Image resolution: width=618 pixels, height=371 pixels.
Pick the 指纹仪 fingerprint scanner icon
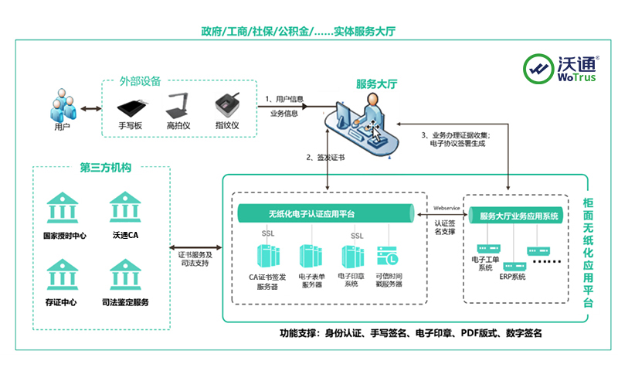[x=226, y=105]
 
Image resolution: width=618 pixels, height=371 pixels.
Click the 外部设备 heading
[x=140, y=80]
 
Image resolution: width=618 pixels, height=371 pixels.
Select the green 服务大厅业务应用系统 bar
[x=518, y=216]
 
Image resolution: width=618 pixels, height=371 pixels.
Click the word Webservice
[x=448, y=208]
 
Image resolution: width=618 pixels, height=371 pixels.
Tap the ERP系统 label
[x=511, y=276]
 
